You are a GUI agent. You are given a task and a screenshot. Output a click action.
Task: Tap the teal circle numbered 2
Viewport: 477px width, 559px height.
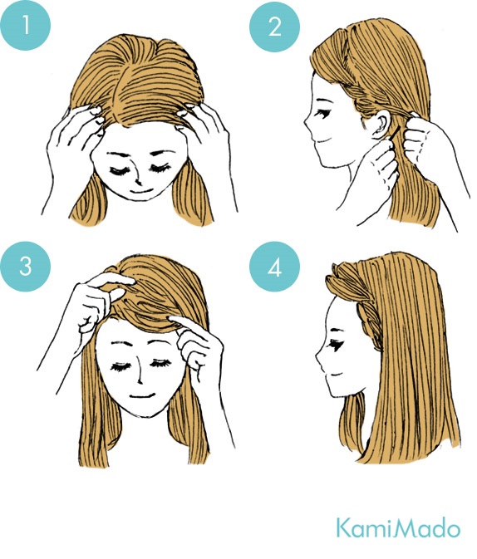click(x=268, y=29)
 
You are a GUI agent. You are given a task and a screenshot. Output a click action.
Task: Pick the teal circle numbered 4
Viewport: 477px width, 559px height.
click(x=268, y=267)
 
